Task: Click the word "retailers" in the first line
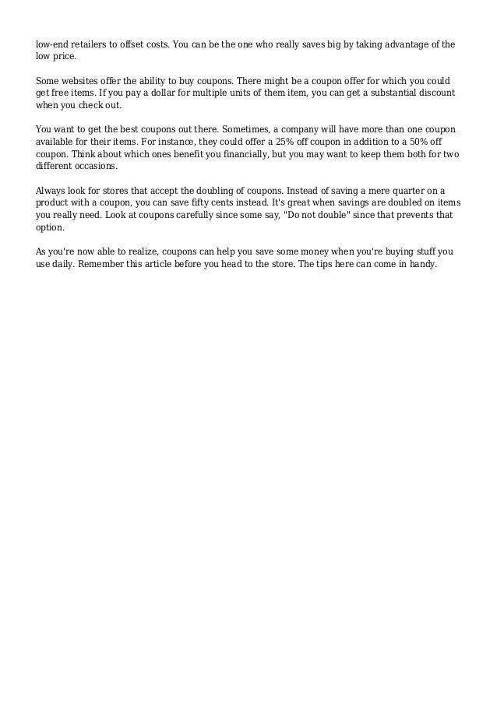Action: tap(83, 46)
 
